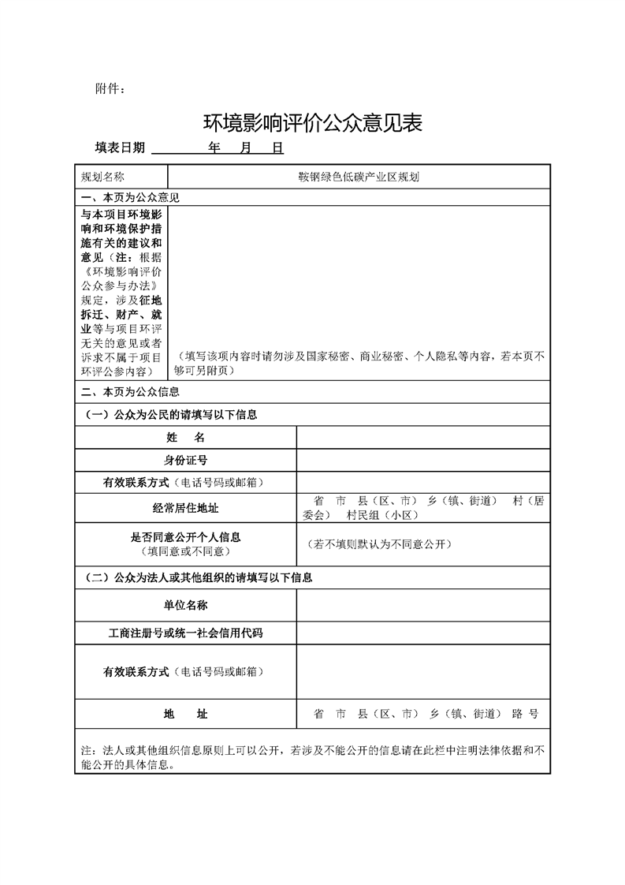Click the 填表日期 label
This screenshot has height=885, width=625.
click(120, 147)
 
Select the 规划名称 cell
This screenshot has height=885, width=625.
click(109, 177)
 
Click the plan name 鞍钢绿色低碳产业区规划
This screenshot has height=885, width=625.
click(358, 177)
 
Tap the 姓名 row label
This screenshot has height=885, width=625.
click(186, 437)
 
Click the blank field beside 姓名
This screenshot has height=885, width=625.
click(422, 437)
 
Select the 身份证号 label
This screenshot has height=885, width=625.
click(186, 460)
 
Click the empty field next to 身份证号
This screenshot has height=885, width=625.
click(422, 460)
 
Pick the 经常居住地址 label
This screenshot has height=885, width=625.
click(186, 508)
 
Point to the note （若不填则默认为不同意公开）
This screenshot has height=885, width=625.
click(378, 544)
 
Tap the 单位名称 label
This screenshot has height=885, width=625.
click(186, 605)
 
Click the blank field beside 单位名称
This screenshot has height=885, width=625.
click(422, 605)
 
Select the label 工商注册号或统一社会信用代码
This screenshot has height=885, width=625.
click(186, 633)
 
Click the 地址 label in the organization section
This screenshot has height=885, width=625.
click(186, 714)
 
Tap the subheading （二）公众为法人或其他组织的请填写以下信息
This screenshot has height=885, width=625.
click(198, 577)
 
